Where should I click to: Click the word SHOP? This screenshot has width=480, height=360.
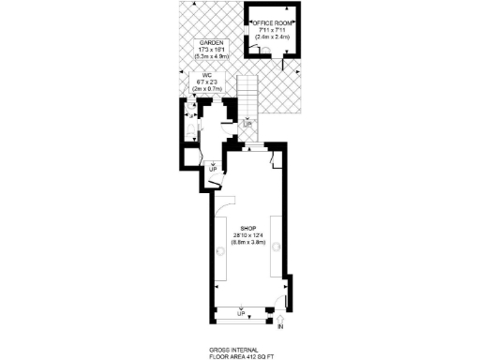click(x=248, y=229)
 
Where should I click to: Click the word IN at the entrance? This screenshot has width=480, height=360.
click(x=280, y=328)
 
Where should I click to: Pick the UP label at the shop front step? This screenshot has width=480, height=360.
click(x=241, y=313)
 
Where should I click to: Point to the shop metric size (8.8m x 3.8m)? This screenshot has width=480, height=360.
click(x=248, y=243)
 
